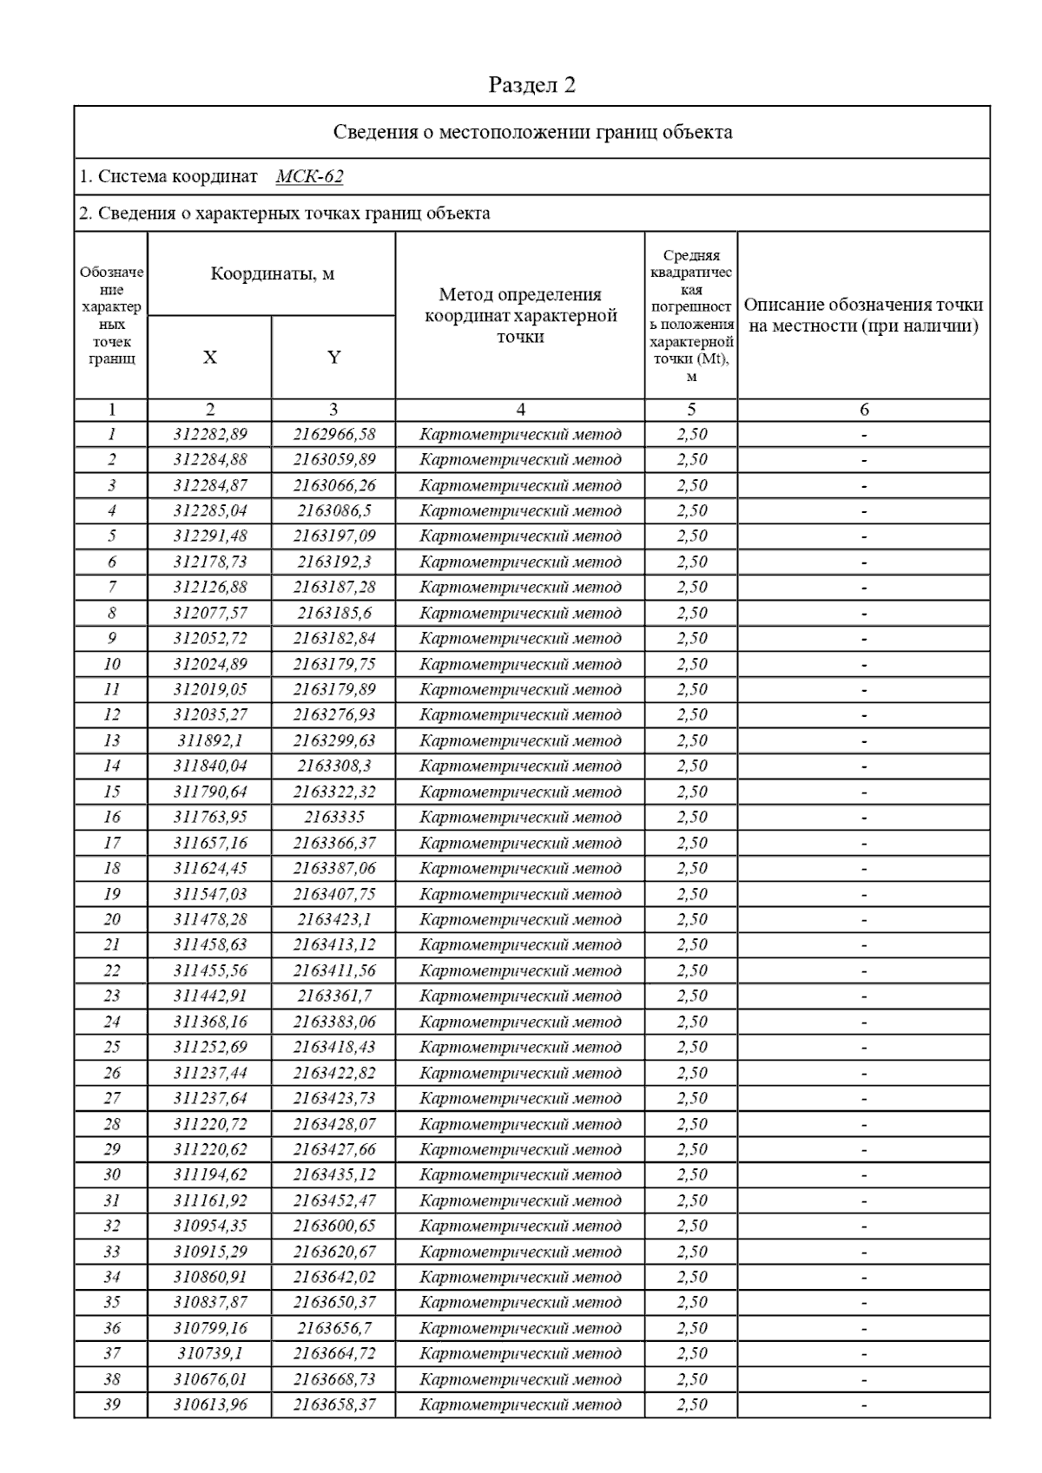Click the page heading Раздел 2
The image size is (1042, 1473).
[531, 85]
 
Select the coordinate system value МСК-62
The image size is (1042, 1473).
[309, 177]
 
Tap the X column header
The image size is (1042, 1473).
[209, 358]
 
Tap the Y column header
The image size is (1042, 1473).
[333, 358]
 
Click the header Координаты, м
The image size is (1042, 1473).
[272, 274]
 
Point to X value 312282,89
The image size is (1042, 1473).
[209, 435]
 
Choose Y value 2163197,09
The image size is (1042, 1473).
[333, 536]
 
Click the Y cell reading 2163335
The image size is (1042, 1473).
[333, 818]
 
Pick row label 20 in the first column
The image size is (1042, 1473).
[111, 920]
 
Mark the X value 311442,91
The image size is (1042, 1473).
[209, 996]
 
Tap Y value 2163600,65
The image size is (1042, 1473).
[333, 1226]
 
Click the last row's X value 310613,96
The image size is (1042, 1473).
[209, 1405]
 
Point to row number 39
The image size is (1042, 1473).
[111, 1405]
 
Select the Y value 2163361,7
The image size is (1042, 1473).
[333, 996]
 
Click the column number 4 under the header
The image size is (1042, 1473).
[520, 410]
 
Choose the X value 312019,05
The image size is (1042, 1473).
[209, 690]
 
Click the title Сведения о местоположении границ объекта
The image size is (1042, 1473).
[532, 133]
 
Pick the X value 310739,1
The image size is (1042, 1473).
[209, 1354]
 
